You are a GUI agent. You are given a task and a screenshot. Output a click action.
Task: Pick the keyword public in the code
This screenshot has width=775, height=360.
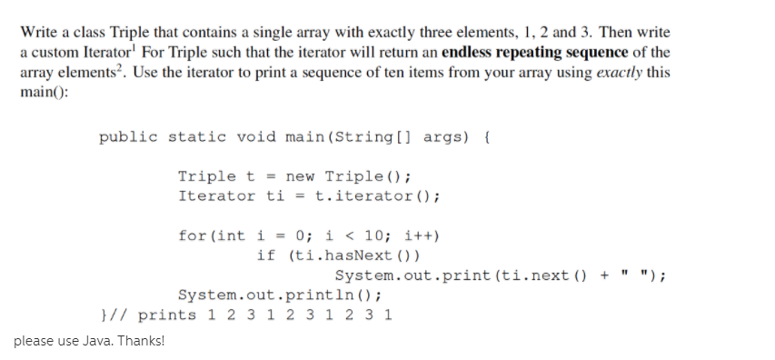coord(128,137)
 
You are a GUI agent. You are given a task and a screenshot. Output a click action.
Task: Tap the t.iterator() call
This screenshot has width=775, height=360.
coord(378,195)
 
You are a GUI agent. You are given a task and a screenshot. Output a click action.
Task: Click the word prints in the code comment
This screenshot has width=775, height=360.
coord(167,315)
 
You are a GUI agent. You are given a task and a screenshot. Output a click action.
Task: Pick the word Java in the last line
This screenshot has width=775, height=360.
coord(94,342)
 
